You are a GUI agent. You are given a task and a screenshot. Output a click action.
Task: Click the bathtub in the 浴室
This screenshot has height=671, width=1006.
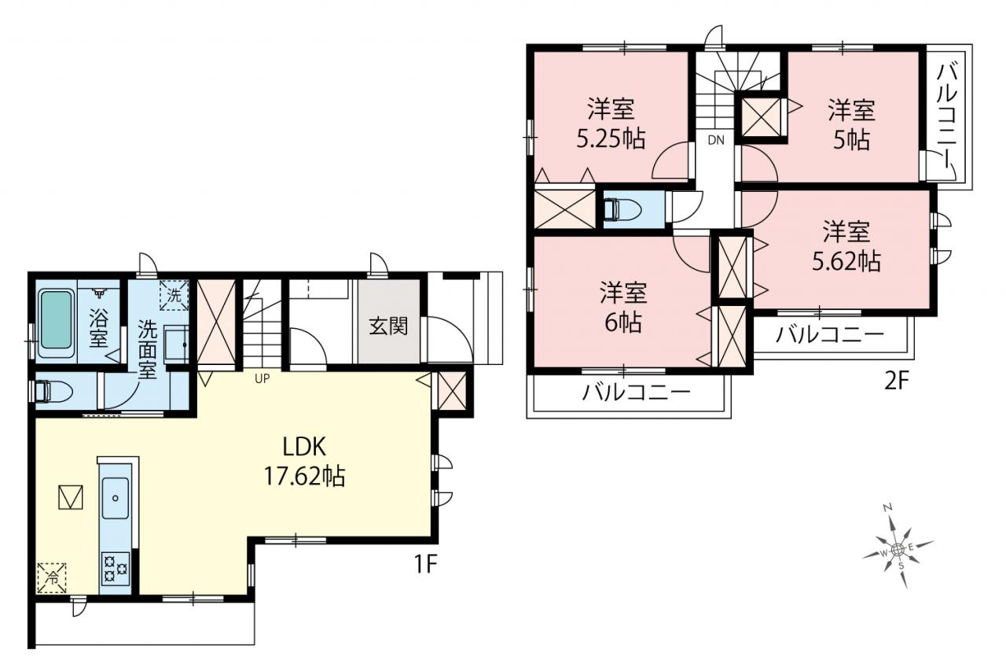(x=56, y=323)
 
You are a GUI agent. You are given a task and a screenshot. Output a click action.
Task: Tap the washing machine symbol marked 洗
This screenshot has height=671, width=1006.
(x=174, y=295)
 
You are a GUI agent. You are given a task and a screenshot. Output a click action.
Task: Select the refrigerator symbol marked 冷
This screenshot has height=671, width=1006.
(x=52, y=578)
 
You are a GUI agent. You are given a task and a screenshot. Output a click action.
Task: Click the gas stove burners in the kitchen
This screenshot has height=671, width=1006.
(x=116, y=569)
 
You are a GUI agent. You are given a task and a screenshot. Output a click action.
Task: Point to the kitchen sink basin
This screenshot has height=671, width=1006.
(x=116, y=498)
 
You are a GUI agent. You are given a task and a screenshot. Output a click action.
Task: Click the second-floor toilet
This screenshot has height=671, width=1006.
(x=621, y=210)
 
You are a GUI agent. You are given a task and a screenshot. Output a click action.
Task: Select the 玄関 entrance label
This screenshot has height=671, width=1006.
(x=388, y=326)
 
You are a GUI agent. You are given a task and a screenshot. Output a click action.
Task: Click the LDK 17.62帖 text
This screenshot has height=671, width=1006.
(x=304, y=462)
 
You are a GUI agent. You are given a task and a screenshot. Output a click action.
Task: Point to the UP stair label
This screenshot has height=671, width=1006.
(x=263, y=379)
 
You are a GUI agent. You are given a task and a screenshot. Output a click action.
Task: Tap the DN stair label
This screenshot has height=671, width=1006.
(x=716, y=140)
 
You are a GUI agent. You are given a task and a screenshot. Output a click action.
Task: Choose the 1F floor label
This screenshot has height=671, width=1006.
(x=425, y=565)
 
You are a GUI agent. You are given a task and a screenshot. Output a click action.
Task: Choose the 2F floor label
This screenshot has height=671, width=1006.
(x=896, y=382)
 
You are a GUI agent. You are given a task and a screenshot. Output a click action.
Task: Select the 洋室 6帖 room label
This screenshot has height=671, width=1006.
(x=623, y=307)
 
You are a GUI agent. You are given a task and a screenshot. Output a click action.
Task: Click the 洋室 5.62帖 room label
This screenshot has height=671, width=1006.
(x=846, y=246)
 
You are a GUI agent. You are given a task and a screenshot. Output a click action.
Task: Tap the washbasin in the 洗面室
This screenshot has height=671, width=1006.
(x=176, y=344)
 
